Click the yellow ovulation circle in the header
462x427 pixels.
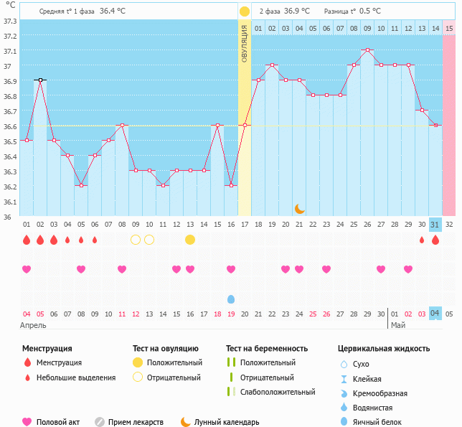245,11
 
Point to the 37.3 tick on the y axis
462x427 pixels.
10,21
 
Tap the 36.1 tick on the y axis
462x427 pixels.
10,202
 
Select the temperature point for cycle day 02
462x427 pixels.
40,80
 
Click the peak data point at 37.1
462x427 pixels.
367,50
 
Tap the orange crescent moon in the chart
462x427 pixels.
300,208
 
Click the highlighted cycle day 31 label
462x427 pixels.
435,225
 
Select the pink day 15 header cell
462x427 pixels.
449,28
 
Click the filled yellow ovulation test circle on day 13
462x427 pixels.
190,239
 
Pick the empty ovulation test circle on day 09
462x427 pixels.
136,239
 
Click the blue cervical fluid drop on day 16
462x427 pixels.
231,299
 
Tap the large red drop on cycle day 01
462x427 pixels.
27,240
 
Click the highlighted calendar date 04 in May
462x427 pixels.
435,313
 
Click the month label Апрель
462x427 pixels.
34,325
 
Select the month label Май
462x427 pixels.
397,325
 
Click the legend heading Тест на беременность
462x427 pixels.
267,349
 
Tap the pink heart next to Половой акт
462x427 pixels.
27,422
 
